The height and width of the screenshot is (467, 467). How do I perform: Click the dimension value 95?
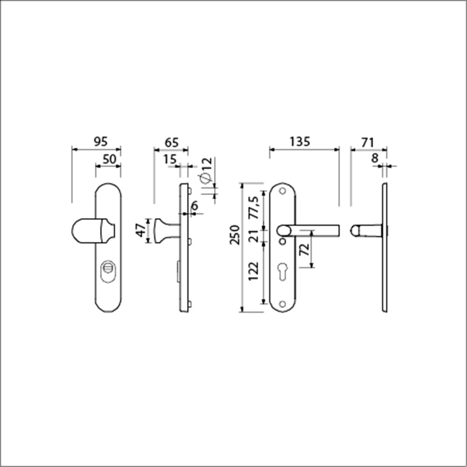(100, 142)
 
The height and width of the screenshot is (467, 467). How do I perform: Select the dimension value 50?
(109, 159)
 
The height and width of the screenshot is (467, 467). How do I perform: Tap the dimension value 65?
(171, 142)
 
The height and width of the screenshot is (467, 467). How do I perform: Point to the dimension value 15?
(170, 159)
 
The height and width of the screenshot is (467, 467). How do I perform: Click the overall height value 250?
(235, 235)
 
